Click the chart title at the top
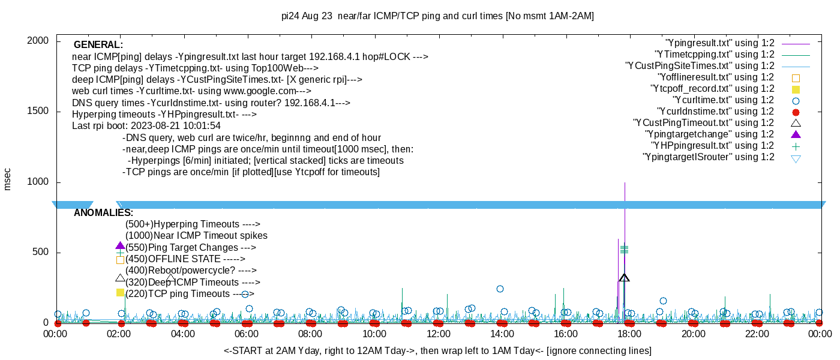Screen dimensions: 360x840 tap(437, 16)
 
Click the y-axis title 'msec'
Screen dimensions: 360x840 tap(8, 179)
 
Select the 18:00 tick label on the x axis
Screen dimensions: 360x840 tap(629, 334)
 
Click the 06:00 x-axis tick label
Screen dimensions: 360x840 tap(247, 334)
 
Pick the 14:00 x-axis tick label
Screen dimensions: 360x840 tap(502, 334)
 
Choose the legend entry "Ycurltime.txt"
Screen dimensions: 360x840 tap(723, 100)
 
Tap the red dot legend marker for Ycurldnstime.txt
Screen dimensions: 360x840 tap(796, 112)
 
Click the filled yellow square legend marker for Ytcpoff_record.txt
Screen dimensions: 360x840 tap(796, 89)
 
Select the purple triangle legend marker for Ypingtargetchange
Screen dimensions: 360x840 tap(796, 134)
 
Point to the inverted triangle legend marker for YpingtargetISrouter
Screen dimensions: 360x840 tap(796, 158)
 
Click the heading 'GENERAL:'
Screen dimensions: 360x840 tap(98, 45)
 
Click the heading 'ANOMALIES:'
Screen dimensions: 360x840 tap(103, 213)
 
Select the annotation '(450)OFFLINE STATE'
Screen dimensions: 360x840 tap(185, 259)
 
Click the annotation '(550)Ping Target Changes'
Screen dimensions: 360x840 tap(190, 248)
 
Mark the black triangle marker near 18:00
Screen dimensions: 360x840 tap(624, 278)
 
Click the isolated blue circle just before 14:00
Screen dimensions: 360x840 tap(500, 289)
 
